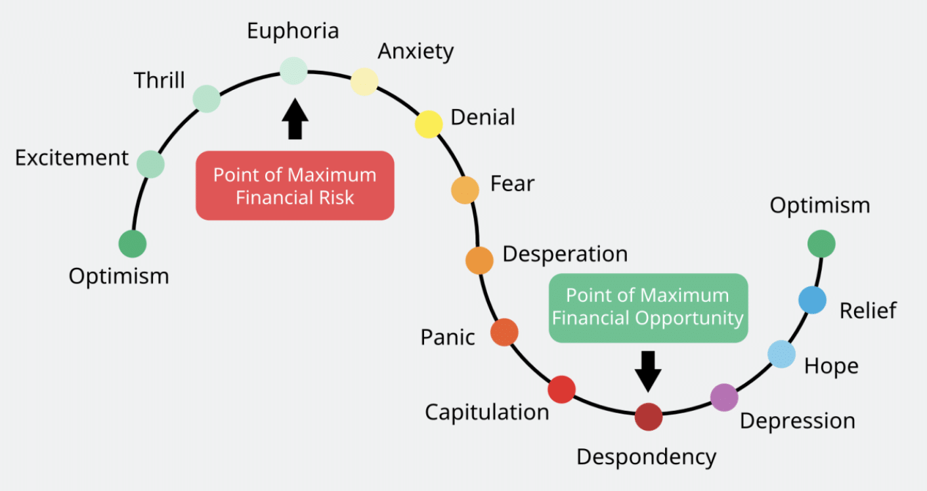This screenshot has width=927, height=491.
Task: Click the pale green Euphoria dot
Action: (293, 70)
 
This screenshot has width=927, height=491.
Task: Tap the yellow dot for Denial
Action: (429, 124)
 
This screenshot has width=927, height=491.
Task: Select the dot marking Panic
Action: (504, 332)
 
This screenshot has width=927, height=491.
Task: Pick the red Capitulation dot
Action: (561, 389)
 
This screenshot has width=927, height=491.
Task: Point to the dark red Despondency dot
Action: (649, 417)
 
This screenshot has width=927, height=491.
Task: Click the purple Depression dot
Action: (724, 397)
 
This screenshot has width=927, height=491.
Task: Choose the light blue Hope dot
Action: (781, 354)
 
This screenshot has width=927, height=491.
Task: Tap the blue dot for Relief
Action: (812, 300)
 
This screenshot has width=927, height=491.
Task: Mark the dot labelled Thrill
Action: (207, 98)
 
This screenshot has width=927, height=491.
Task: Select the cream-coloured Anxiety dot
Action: (364, 82)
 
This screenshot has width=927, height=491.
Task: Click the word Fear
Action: (512, 184)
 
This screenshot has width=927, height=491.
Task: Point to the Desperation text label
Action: (565, 254)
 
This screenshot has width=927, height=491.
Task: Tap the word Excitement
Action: (72, 158)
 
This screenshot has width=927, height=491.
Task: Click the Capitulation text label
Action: (486, 412)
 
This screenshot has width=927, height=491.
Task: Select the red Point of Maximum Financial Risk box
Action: (295, 186)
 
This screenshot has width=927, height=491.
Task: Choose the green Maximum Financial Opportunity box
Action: (647, 307)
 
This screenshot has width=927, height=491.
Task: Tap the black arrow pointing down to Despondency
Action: (648, 369)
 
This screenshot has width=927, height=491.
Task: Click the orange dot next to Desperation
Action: (479, 260)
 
